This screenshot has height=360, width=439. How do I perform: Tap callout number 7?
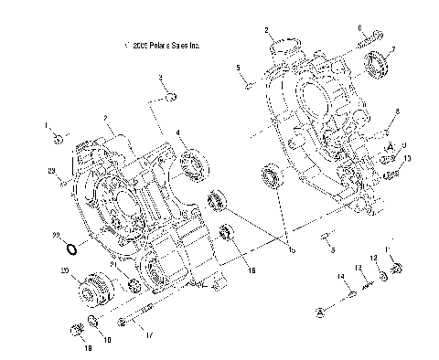click(x=392, y=48)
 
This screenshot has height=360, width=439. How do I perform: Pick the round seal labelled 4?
click(x=193, y=167)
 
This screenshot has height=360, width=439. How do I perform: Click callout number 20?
click(x=65, y=270)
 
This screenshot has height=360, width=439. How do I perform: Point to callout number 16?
click(x=252, y=270)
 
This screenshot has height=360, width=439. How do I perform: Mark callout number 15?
click(x=292, y=249)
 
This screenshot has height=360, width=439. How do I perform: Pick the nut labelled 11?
click(x=398, y=269)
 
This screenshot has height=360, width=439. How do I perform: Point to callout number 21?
click(x=113, y=265)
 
